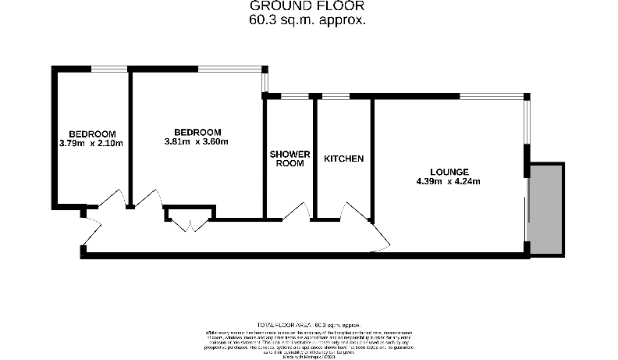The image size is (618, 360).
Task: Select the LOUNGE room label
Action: click(449, 173)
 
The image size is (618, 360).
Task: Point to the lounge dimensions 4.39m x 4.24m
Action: click(449, 182)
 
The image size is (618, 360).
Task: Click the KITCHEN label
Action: click(343, 159)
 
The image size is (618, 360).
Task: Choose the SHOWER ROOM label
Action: click(289, 159)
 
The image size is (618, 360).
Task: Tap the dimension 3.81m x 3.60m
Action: click(197, 142)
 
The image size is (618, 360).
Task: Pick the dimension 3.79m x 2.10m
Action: click(91, 143)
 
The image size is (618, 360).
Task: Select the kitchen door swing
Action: click(353, 210)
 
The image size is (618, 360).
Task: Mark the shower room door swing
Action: click(298, 212)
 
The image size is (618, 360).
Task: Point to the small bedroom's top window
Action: click(109, 69)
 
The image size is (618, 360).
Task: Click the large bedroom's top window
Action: click(230, 69)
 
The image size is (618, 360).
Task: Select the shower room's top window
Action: click(294, 96)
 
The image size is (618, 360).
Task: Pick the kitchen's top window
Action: click(336, 96)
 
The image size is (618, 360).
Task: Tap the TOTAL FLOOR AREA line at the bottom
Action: click(308, 324)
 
